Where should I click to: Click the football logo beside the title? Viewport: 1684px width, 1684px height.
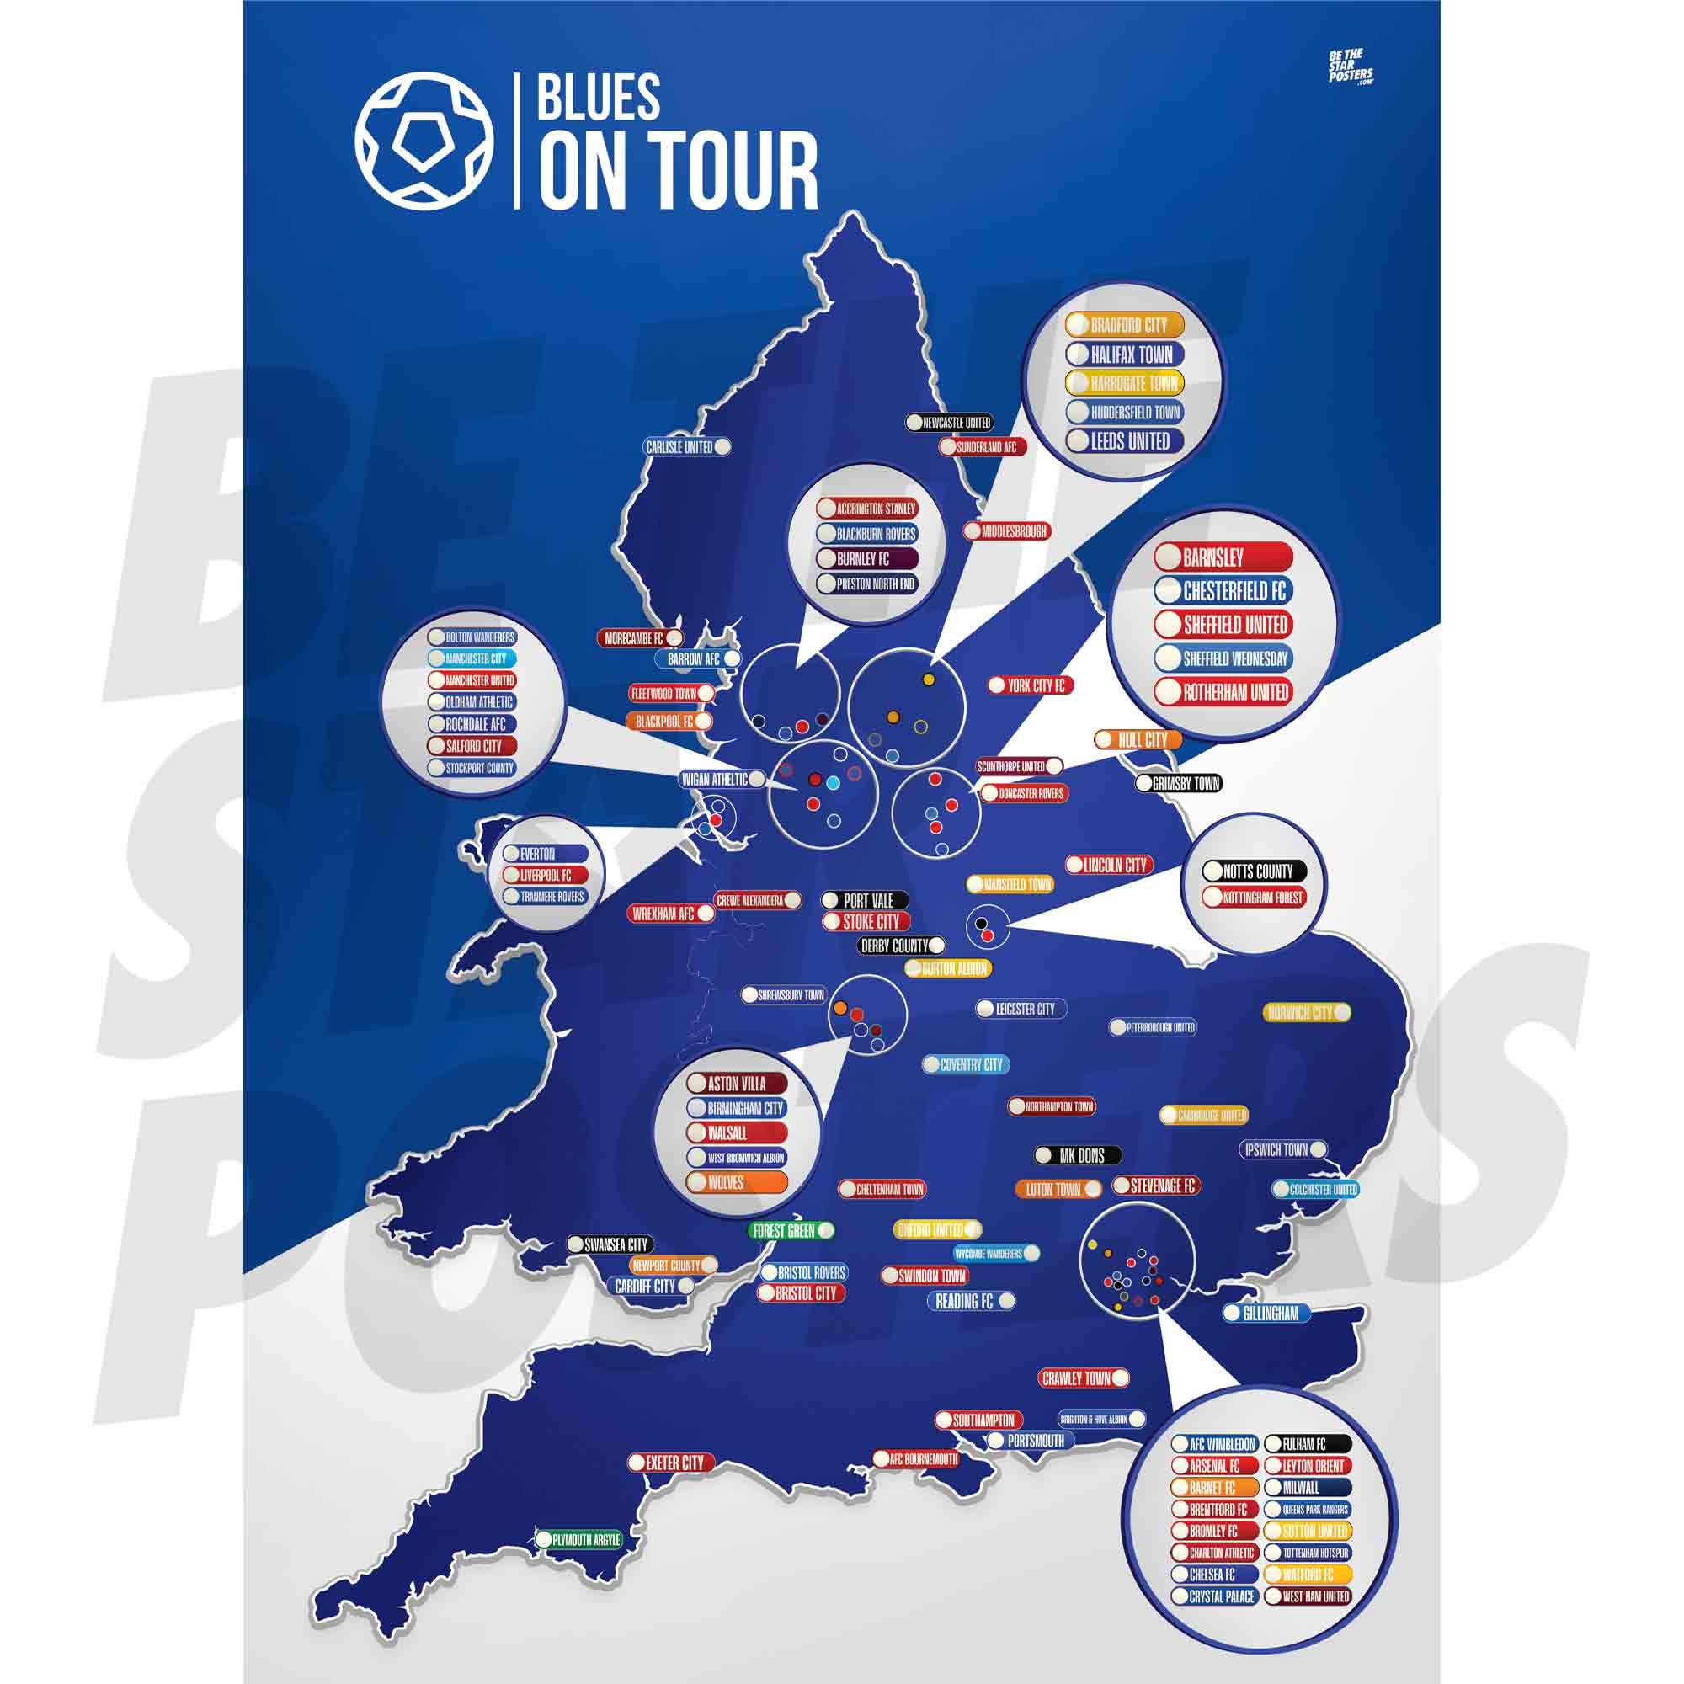tap(424, 141)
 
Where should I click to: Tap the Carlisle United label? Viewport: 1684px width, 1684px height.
tap(687, 447)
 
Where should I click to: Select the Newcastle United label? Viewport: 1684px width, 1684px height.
tap(949, 423)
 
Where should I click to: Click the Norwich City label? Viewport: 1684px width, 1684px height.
tap(1307, 1012)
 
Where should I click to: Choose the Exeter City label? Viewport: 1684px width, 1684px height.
tap(671, 1463)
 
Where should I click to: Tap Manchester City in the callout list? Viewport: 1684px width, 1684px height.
tap(472, 659)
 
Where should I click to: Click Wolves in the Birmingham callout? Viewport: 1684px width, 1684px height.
tap(737, 1183)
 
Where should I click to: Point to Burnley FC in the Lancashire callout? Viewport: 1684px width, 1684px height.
tap(866, 559)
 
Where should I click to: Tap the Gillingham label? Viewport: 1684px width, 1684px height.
tap(1266, 1313)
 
